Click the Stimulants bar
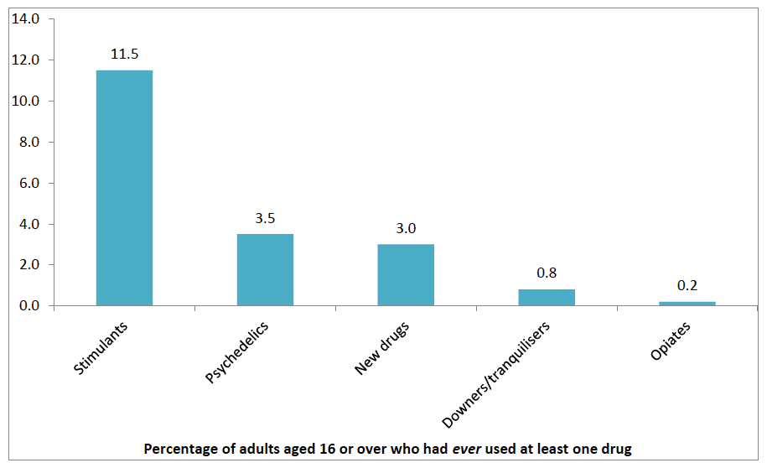click(124, 188)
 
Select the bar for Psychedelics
click(265, 270)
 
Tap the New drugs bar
click(406, 275)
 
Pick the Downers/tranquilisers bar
click(547, 298)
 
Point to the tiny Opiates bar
click(687, 304)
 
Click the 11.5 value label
click(124, 54)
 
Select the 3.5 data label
click(265, 218)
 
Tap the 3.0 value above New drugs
click(406, 228)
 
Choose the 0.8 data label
click(547, 273)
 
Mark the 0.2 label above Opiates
click(687, 285)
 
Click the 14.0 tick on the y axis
click(25, 18)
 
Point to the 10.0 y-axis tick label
click(25, 101)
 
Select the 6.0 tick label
click(29, 183)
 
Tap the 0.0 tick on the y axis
click(29, 306)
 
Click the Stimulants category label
click(101, 348)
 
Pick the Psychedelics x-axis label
click(236, 352)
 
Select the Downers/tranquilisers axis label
click(496, 375)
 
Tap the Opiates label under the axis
click(670, 341)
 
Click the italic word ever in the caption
click(467, 449)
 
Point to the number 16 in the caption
click(327, 449)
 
